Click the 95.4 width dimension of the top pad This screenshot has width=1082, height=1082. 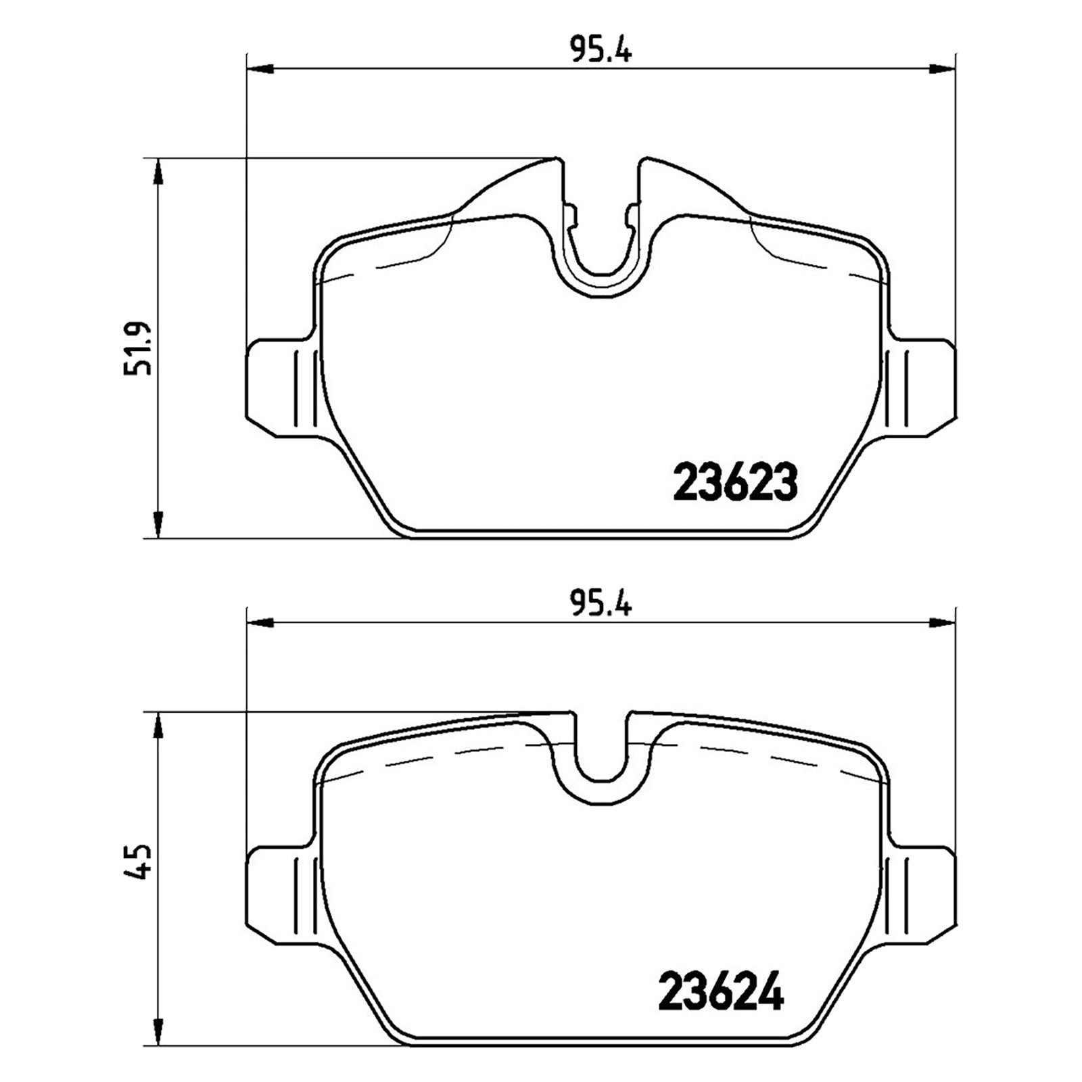(x=600, y=51)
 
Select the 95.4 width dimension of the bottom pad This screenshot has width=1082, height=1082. (x=600, y=603)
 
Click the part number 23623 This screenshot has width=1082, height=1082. (x=736, y=483)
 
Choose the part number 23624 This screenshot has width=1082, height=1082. (x=721, y=991)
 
